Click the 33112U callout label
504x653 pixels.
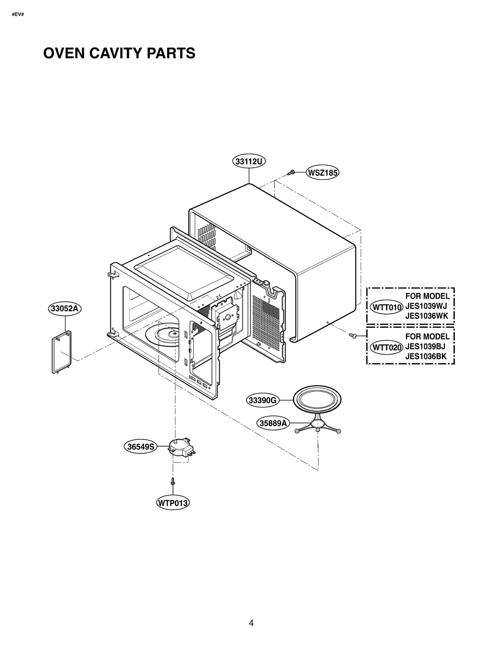[249, 162]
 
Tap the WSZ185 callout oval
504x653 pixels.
[323, 173]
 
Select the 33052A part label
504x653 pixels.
[65, 308]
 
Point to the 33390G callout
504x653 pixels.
[262, 400]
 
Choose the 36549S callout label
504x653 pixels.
[140, 447]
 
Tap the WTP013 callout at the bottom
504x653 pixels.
[173, 503]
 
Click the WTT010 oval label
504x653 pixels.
[387, 307]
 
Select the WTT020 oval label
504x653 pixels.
[387, 348]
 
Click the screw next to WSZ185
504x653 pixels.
[292, 172]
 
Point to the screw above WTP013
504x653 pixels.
[173, 481]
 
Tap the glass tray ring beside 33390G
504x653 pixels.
[317, 401]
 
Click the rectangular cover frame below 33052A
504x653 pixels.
[61, 352]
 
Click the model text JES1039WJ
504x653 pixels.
[426, 306]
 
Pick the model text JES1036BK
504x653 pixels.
[426, 357]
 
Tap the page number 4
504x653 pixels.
[251, 623]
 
